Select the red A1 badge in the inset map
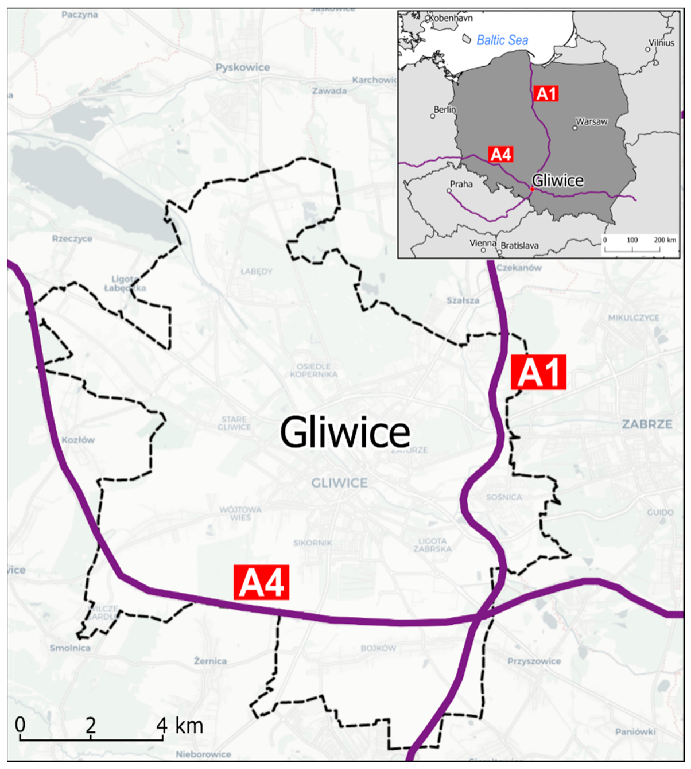click(x=546, y=93)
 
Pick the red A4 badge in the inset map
click(x=501, y=154)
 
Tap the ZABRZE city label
click(x=647, y=424)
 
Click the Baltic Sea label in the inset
click(x=502, y=40)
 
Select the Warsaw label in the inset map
click(x=591, y=121)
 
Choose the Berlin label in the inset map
click(x=444, y=110)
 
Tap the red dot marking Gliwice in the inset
click(x=532, y=189)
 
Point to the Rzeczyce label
click(x=72, y=238)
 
